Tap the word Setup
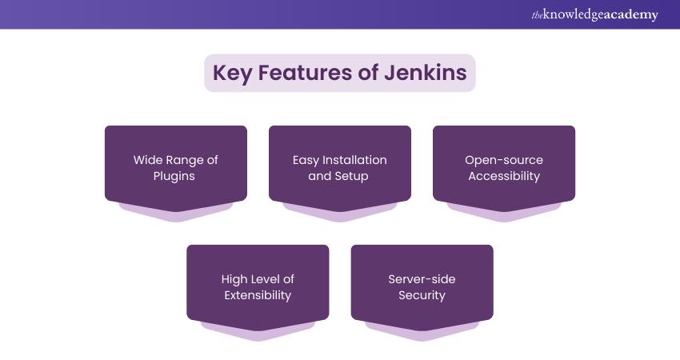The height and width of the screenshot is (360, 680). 352,176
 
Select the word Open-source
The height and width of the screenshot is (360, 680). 504,160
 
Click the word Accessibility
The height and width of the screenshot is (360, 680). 504,176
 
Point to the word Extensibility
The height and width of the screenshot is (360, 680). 258,295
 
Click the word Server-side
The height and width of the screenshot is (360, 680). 422,279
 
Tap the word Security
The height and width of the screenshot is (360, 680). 422,295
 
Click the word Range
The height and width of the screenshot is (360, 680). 187,160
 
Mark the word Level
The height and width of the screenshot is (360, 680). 271,279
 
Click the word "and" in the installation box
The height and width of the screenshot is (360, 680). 319,176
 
